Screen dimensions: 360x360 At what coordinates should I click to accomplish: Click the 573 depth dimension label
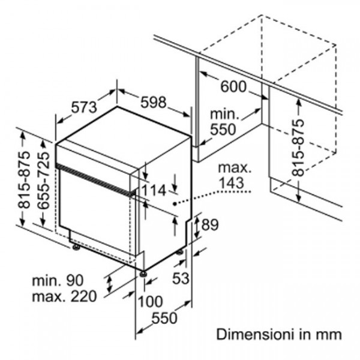point(83,107)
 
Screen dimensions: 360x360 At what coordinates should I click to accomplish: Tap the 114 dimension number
point(154,191)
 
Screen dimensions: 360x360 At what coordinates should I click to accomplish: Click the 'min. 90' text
point(59,280)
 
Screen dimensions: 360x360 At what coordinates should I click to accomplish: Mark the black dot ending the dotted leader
point(175,205)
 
